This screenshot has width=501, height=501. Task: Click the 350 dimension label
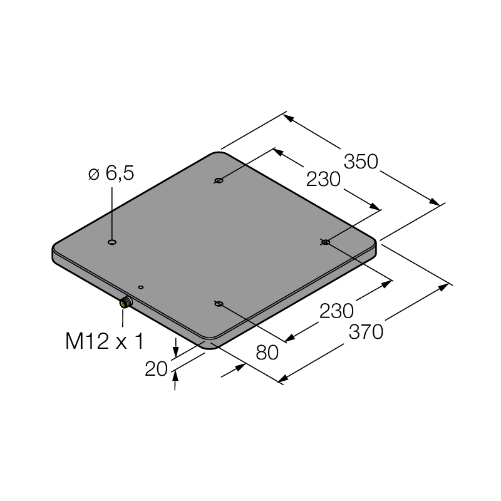[x=361, y=162]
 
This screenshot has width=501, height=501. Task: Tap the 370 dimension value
[x=366, y=332]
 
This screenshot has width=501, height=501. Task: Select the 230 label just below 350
[x=323, y=179]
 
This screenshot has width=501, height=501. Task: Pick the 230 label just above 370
[x=336, y=311]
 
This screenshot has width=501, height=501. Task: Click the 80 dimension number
[x=267, y=353]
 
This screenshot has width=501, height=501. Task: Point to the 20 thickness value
[x=156, y=369]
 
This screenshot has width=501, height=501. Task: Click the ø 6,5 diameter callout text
[x=111, y=174]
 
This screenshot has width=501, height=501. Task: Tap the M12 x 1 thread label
[x=105, y=341]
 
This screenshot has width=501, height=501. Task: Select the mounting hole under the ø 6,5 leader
[x=112, y=242]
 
